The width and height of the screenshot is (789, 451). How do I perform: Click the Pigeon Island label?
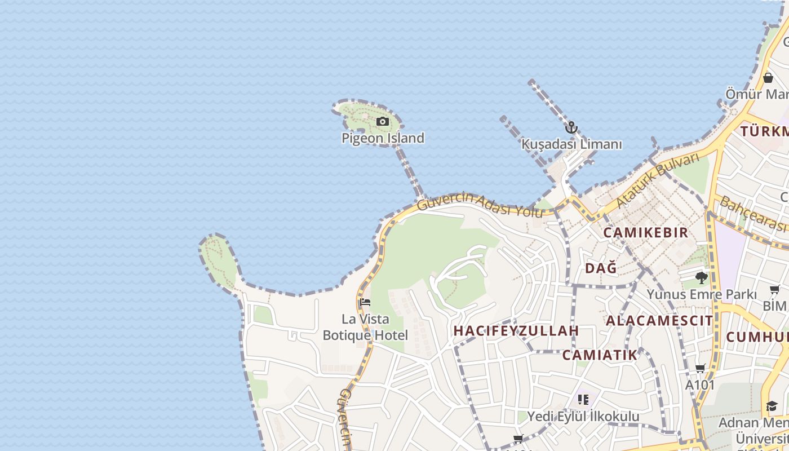[383, 138]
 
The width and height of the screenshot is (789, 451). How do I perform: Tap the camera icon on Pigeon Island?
[383, 121]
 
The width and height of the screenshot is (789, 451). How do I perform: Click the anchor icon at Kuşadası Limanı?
[571, 127]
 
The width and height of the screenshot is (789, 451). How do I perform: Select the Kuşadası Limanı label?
[571, 144]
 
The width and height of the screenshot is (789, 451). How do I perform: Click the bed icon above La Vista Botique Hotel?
[365, 303]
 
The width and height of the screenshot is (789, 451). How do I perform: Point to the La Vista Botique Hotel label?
[365, 327]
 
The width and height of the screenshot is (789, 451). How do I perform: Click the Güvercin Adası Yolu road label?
[480, 205]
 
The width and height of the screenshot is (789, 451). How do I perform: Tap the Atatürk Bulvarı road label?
[658, 180]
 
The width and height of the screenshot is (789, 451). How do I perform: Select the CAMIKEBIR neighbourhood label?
[646, 232]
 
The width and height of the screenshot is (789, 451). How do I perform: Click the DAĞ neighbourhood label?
[601, 268]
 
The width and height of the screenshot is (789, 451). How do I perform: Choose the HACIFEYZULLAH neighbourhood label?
[516, 331]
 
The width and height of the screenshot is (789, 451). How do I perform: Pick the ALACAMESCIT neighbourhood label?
[659, 321]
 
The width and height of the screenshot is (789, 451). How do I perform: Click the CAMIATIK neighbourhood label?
[600, 355]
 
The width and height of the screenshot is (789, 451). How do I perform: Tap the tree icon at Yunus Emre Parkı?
[702, 277]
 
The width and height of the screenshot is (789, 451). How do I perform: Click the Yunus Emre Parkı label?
[702, 294]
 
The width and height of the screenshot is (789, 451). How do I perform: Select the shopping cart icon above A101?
[700, 369]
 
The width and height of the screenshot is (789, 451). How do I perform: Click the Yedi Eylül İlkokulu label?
[583, 417]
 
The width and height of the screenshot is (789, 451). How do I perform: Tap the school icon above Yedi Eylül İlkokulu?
[583, 400]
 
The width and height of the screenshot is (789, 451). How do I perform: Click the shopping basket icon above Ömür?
[768, 78]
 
